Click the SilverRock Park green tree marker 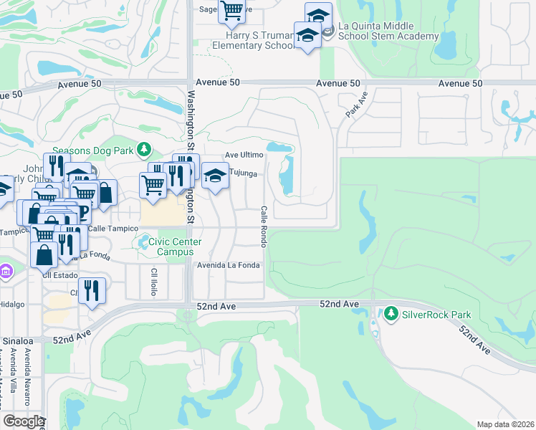point(391,313)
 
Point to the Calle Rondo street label point(264,227)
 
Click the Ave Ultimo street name point(244,155)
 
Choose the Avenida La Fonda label point(229,265)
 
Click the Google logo point(23,421)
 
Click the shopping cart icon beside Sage point(232,10)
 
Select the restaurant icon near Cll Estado point(92,290)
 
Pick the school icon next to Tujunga point(214,175)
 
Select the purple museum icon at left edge point(6,272)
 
